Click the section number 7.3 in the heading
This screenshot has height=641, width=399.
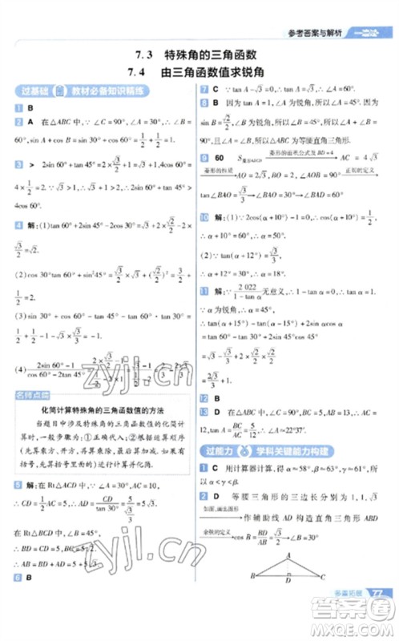click(x=145, y=54)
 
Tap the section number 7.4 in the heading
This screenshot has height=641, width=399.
click(x=145, y=71)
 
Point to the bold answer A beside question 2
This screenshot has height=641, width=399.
click(x=30, y=119)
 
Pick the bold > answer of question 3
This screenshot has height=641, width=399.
click(x=30, y=163)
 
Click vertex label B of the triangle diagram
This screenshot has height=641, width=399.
click(x=252, y=599)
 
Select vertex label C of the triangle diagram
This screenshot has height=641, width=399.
click(x=321, y=599)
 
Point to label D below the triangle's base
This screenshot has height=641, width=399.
click(x=287, y=605)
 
